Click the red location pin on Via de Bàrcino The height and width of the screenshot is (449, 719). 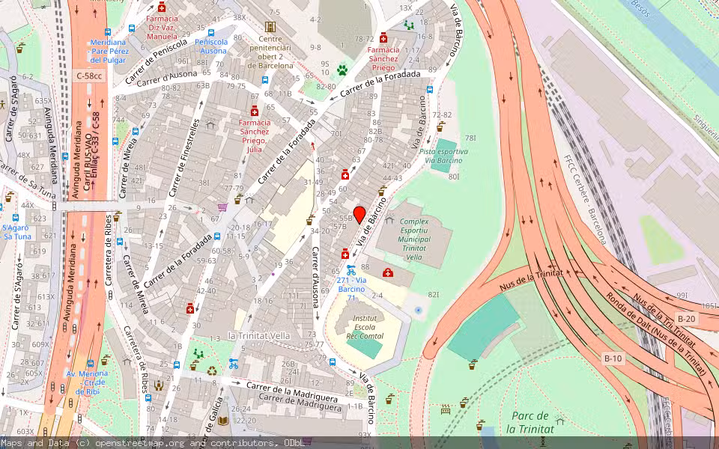pyautogui.click(x=359, y=214)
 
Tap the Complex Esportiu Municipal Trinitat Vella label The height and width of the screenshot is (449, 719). pyautogui.click(x=413, y=239)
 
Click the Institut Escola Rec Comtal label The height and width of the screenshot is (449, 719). pyautogui.click(x=364, y=327)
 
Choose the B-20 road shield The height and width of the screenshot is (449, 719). pyautogui.click(x=687, y=318)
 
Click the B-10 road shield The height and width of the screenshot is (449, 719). pyautogui.click(x=613, y=358)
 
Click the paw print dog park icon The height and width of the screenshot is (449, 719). pyautogui.click(x=342, y=70)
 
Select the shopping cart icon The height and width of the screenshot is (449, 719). pyautogui.click(x=222, y=207)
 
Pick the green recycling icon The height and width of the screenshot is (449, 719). pyautogui.click(x=212, y=370)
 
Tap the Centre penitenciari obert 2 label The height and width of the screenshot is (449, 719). pyautogui.click(x=270, y=52)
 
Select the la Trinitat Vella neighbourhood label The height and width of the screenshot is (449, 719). pyautogui.click(x=259, y=335)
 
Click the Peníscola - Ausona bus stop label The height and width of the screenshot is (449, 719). pyautogui.click(x=210, y=46)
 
